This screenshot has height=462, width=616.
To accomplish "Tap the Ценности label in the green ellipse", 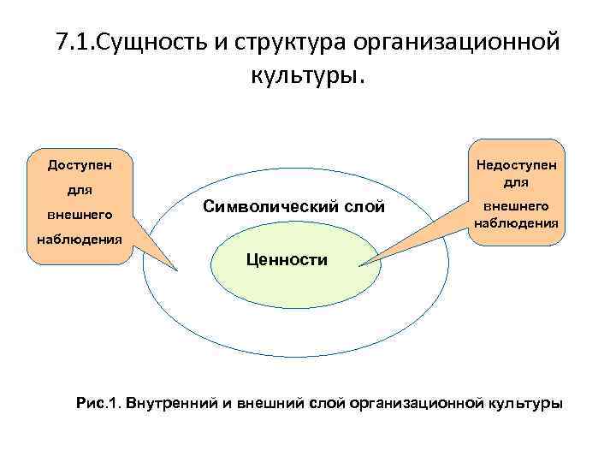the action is point(286,259).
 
